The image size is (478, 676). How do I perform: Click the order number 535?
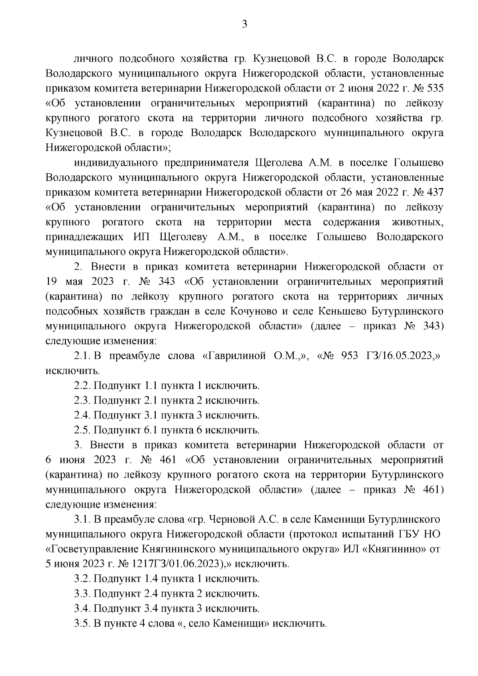(x=433, y=88)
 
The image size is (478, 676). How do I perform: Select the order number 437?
(x=433, y=192)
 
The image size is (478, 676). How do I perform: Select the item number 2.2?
(x=82, y=386)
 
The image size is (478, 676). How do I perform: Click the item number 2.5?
(x=82, y=430)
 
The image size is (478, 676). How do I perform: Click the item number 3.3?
(x=82, y=594)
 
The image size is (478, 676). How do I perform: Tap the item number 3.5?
(x=82, y=623)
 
